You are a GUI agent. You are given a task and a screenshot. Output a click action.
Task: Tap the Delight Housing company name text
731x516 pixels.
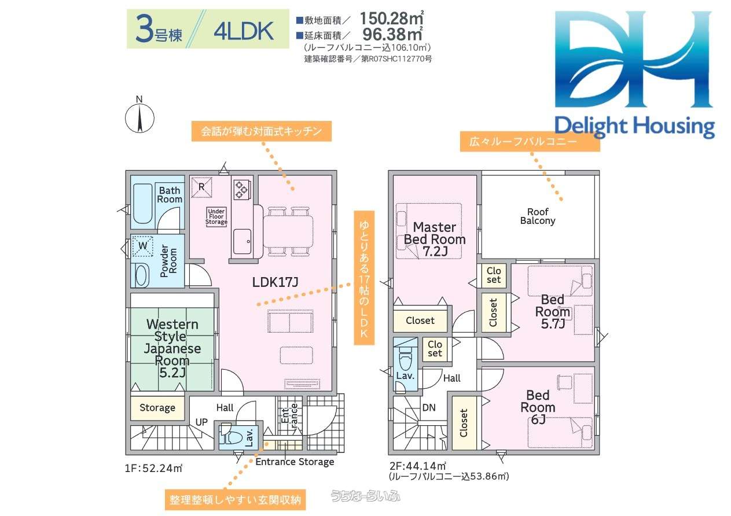[634, 127]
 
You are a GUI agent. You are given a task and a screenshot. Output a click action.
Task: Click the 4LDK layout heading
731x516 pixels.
[244, 32]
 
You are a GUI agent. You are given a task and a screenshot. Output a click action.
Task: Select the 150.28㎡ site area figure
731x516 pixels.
[392, 19]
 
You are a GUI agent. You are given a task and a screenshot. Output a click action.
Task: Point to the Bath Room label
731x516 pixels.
[170, 195]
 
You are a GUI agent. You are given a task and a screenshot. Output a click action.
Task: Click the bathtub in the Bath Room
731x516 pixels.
[143, 204]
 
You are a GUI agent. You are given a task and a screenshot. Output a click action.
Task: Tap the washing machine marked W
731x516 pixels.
[142, 246]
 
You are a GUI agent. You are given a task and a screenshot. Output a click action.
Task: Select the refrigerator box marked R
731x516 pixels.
[201, 187]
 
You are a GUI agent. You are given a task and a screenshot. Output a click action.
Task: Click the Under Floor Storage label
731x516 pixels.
[216, 216]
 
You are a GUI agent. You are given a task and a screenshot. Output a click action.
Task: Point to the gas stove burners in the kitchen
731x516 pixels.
[242, 190]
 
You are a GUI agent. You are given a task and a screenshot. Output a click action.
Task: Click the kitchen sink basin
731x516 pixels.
[242, 241]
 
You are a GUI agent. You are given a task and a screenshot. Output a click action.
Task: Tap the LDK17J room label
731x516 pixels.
[275, 282]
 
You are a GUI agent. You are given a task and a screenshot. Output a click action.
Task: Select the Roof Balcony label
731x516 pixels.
[538, 216]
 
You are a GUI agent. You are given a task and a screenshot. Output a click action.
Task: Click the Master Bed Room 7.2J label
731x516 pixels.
[435, 239]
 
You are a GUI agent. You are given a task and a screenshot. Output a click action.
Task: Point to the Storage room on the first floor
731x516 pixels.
[157, 408]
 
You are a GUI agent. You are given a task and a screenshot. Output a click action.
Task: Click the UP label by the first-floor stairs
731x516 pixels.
[201, 422]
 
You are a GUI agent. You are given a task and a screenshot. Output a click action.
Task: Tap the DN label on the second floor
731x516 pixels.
[429, 407]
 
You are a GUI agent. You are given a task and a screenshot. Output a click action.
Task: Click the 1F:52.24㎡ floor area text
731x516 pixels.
[153, 469]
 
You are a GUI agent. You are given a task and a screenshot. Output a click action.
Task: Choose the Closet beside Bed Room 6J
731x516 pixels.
[464, 423]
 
